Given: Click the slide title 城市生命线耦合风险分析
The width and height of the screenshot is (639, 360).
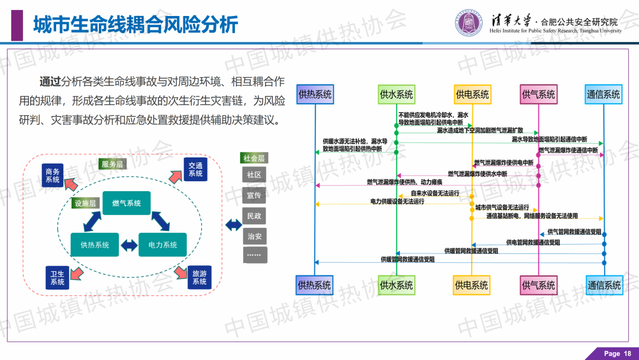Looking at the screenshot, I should pyautogui.click(x=135, y=25).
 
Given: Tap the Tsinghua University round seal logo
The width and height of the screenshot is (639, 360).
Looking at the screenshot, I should pyautogui.click(x=470, y=23).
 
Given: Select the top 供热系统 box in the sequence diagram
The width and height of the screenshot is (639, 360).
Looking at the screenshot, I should pyautogui.click(x=315, y=94).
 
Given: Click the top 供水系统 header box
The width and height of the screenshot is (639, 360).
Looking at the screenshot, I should pyautogui.click(x=396, y=94).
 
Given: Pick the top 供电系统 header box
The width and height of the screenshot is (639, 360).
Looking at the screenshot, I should pyautogui.click(x=472, y=94).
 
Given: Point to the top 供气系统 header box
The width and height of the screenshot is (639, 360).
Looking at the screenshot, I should pyautogui.click(x=538, y=94).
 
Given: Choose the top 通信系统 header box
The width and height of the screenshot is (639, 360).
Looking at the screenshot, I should pyautogui.click(x=603, y=94).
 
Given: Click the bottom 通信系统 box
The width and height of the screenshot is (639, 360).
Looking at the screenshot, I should pyautogui.click(x=603, y=285).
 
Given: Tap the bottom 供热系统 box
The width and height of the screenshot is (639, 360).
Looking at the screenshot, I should pyautogui.click(x=315, y=285).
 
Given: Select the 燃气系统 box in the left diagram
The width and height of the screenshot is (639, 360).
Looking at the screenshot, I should pyautogui.click(x=127, y=203).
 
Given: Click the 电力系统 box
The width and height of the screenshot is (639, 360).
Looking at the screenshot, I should pyautogui.click(x=163, y=245).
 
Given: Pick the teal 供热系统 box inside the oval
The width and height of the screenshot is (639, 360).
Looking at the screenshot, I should pyautogui.click(x=95, y=245).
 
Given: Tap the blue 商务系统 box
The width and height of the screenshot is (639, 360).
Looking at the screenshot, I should pyautogui.click(x=53, y=175).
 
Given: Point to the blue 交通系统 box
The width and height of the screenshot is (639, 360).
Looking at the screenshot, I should pyautogui.click(x=195, y=169).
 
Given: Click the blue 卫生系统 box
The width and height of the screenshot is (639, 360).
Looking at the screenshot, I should pyautogui.click(x=57, y=278).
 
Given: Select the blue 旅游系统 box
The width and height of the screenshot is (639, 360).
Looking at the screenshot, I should pyautogui.click(x=199, y=278).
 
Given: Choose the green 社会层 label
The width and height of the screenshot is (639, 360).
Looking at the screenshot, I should pyautogui.click(x=254, y=158).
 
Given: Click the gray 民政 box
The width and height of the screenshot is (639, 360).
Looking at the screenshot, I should pyautogui.click(x=254, y=216).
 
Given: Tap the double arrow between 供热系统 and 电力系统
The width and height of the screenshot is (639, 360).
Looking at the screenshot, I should pyautogui.click(x=128, y=245).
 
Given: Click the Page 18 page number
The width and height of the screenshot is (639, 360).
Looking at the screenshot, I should pyautogui.click(x=617, y=353).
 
